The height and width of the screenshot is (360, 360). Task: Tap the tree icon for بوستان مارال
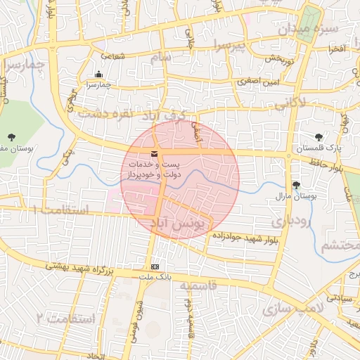296,185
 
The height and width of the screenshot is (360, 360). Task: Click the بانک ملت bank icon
155,267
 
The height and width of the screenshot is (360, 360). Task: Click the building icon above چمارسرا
98,75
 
